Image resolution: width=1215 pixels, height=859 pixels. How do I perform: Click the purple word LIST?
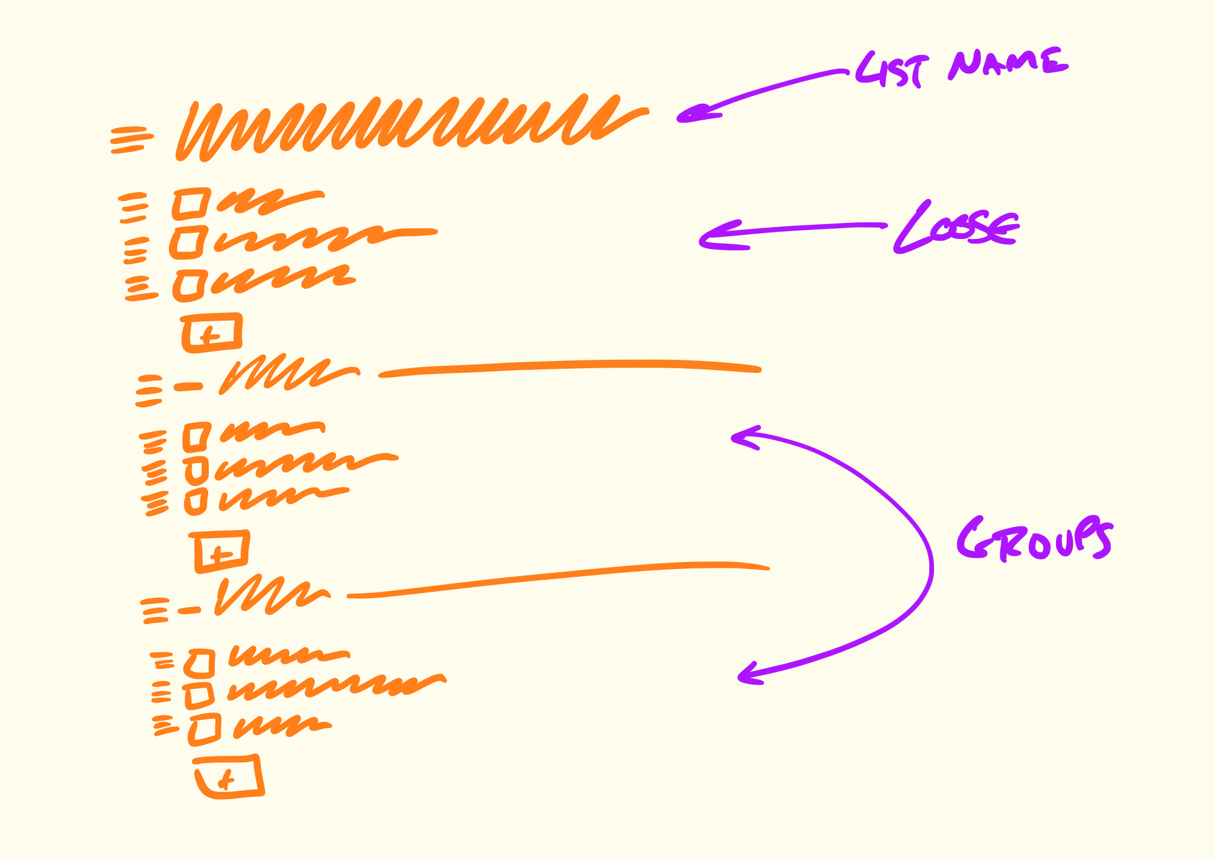point(889,70)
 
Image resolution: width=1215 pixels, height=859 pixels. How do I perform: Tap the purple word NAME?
point(1007,63)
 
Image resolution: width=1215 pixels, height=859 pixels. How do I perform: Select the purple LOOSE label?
point(956,228)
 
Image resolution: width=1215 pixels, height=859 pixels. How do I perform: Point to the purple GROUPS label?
point(1035,539)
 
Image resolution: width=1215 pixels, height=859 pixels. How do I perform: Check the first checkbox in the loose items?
point(192,203)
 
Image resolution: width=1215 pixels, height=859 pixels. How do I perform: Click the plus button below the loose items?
point(212,333)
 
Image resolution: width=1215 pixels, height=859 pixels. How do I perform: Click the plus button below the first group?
point(221,552)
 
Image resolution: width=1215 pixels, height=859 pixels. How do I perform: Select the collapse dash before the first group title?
point(189,387)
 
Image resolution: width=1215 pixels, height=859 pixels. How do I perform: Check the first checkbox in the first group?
point(196,437)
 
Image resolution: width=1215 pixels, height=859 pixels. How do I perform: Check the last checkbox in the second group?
point(205,729)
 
